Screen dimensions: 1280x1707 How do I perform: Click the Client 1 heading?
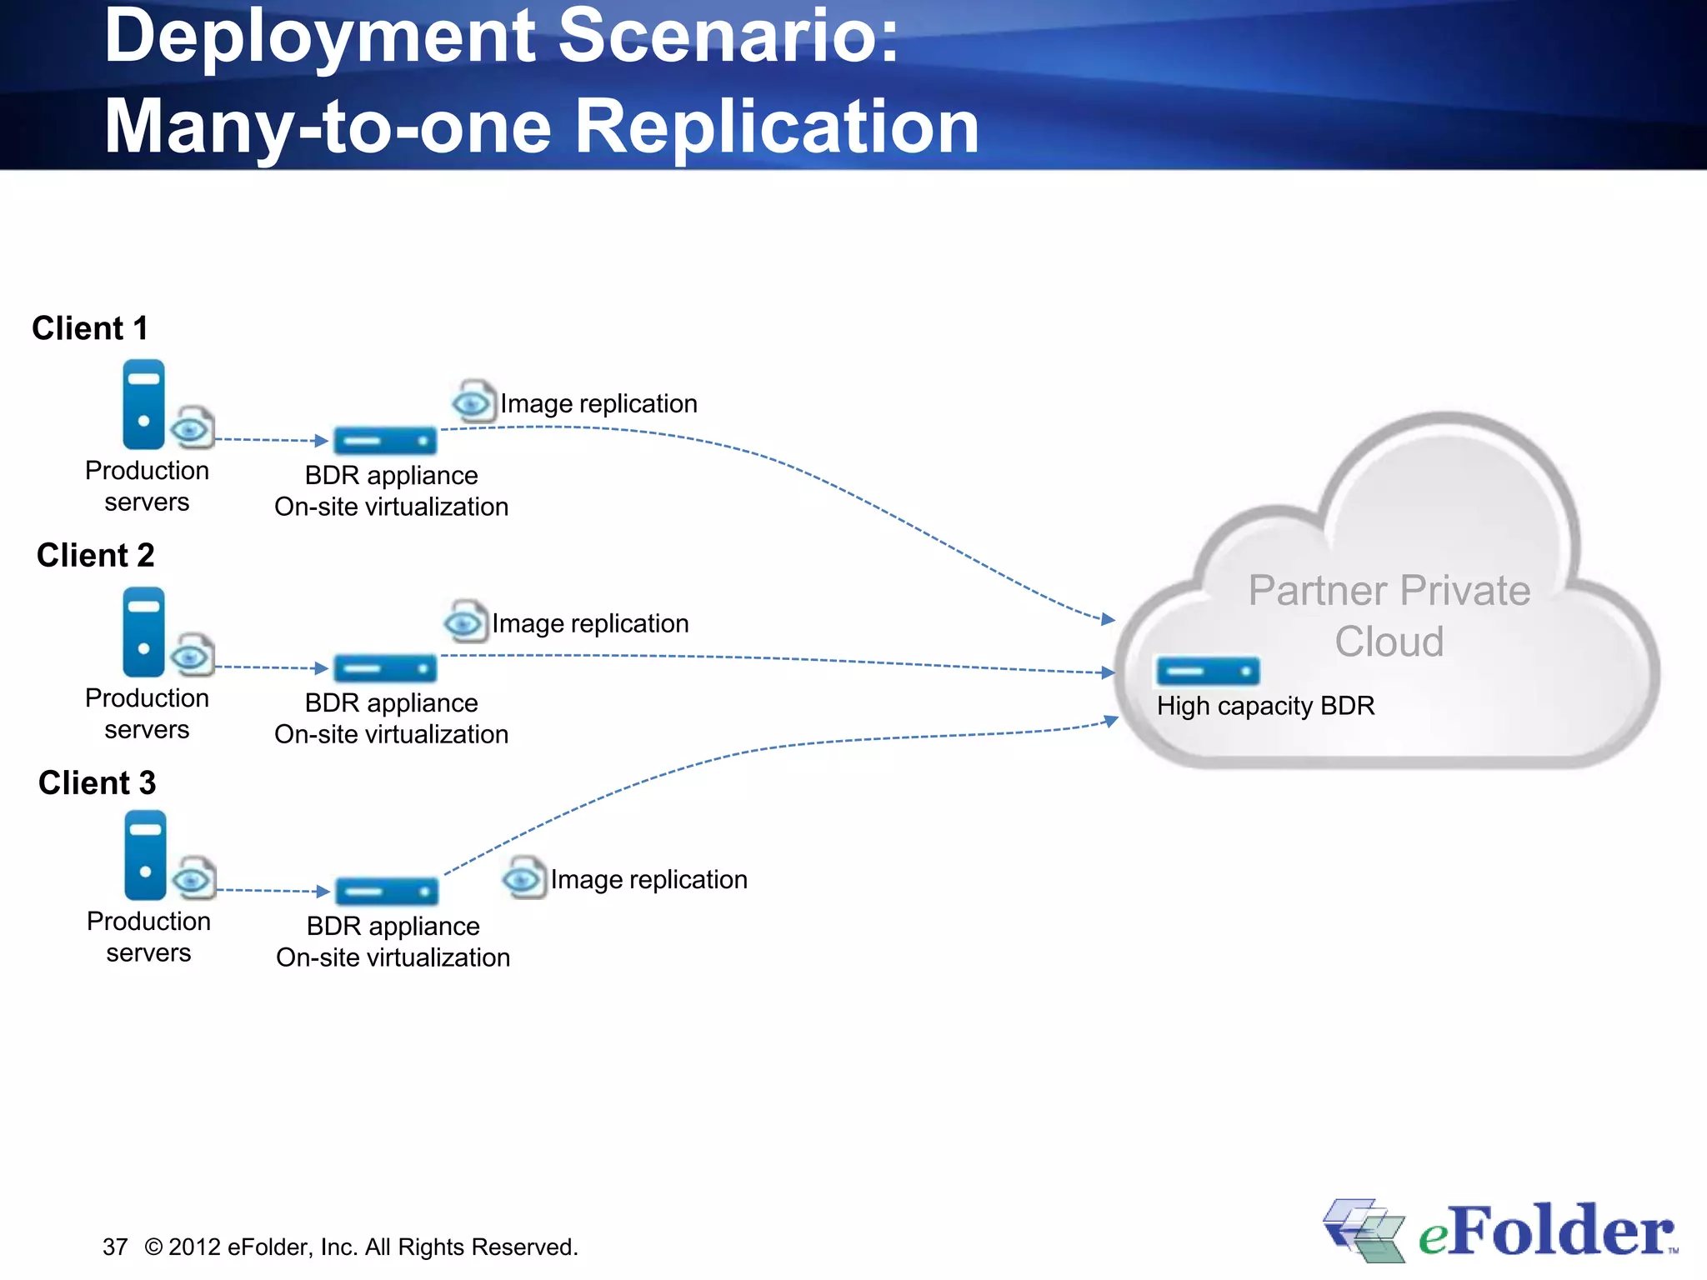(90, 328)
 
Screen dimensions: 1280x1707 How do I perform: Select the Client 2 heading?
(96, 555)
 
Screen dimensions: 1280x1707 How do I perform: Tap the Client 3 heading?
(98, 782)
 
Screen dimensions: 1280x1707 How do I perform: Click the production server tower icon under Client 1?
(143, 404)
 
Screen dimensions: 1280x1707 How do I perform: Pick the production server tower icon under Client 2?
(143, 632)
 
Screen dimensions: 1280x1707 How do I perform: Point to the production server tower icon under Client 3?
(145, 855)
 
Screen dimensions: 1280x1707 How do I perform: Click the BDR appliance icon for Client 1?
(385, 440)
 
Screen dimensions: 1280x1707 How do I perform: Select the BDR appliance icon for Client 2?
(385, 667)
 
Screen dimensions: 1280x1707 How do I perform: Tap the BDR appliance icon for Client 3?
(387, 891)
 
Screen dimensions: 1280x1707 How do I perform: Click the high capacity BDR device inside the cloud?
(1208, 671)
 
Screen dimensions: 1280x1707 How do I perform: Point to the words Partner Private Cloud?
(1389, 616)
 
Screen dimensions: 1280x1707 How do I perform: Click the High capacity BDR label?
(1265, 706)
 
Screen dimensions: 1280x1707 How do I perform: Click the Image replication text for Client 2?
(590, 623)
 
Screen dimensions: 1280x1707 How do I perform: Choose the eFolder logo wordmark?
(1546, 1232)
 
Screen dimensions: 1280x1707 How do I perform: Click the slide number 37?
(115, 1247)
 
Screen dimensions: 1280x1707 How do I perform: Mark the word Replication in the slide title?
(777, 127)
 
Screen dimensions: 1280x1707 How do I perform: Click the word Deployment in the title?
(320, 36)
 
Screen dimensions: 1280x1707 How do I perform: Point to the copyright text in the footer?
(361, 1247)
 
